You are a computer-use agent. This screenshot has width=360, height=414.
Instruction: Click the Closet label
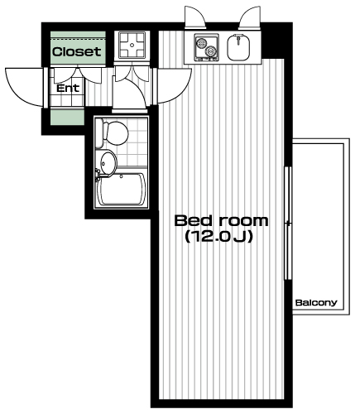[x=77, y=51]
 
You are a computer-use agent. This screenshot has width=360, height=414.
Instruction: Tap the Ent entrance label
[x=68, y=89]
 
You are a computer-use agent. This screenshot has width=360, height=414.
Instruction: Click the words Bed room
[x=221, y=221]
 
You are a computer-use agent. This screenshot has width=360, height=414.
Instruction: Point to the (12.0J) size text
[x=218, y=237]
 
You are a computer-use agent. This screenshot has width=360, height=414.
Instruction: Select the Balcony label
[x=316, y=303]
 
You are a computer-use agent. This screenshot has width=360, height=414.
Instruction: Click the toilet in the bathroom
[x=112, y=132]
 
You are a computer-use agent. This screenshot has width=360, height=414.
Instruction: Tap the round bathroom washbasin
[x=108, y=163]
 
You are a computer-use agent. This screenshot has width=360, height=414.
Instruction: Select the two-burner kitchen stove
[x=206, y=47]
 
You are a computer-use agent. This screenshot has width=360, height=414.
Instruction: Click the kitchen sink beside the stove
[x=238, y=47]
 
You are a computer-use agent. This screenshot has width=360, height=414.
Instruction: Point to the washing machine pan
[x=132, y=45]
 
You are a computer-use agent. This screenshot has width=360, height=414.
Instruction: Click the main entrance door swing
[x=25, y=87]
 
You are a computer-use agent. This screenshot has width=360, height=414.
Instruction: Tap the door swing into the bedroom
[x=173, y=85]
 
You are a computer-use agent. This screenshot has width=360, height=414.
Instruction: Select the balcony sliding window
[x=288, y=223]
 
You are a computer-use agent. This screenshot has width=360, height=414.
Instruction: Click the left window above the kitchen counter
[x=195, y=17]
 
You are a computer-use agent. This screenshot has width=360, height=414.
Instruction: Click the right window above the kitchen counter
[x=249, y=17]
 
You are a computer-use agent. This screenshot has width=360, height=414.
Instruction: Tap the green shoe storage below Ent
[x=67, y=117]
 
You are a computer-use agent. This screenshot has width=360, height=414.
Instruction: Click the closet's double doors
[x=78, y=75]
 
